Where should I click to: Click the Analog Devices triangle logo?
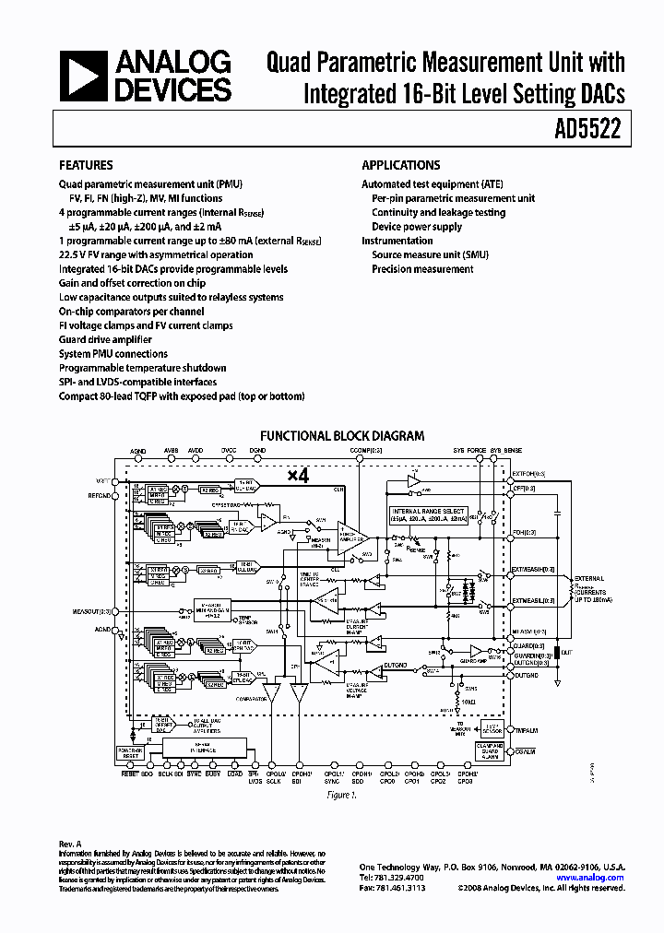pyautogui.click(x=83, y=76)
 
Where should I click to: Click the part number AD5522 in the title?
pyautogui.click(x=593, y=130)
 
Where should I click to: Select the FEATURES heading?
pyautogui.click(x=86, y=165)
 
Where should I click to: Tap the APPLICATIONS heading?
pyautogui.click(x=400, y=165)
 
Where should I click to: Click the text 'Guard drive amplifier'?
pyautogui.click(x=106, y=339)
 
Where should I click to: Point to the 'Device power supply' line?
pyautogui.click(x=417, y=227)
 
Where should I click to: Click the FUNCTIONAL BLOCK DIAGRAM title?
pyautogui.click(x=341, y=435)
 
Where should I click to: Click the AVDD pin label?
pyautogui.click(x=196, y=451)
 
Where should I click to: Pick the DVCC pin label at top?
pyautogui.click(x=229, y=451)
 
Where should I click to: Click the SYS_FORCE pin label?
pyautogui.click(x=469, y=451)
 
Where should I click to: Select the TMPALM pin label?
pyautogui.click(x=526, y=728)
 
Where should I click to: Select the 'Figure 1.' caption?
pyautogui.click(x=340, y=794)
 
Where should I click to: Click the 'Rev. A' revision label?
pyautogui.click(x=71, y=844)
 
